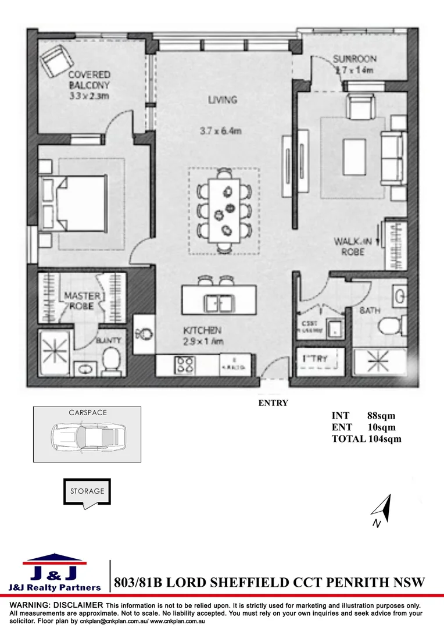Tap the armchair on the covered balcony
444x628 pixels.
tap(56, 60)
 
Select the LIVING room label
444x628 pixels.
tap(223, 100)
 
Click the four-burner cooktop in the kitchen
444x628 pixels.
tap(185, 365)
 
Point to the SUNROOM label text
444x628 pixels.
tap(355, 59)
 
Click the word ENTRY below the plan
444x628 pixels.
tap(273, 402)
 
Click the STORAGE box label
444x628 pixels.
tap(87, 491)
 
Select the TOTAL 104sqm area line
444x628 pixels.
tap(366, 439)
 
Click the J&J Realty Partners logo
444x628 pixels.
tap(55, 573)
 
